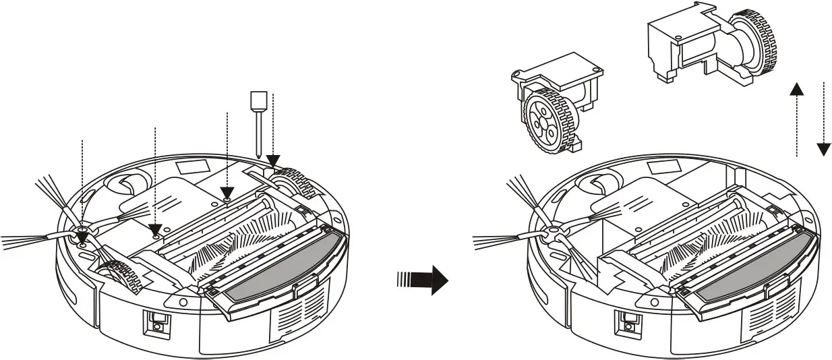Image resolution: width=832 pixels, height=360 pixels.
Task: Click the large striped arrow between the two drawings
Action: coord(423,278)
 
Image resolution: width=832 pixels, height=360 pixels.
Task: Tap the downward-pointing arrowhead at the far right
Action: coord(823,148)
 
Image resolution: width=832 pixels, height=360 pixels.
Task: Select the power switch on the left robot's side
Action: coord(156,324)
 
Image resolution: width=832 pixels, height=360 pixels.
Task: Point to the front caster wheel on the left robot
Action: coord(124,183)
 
